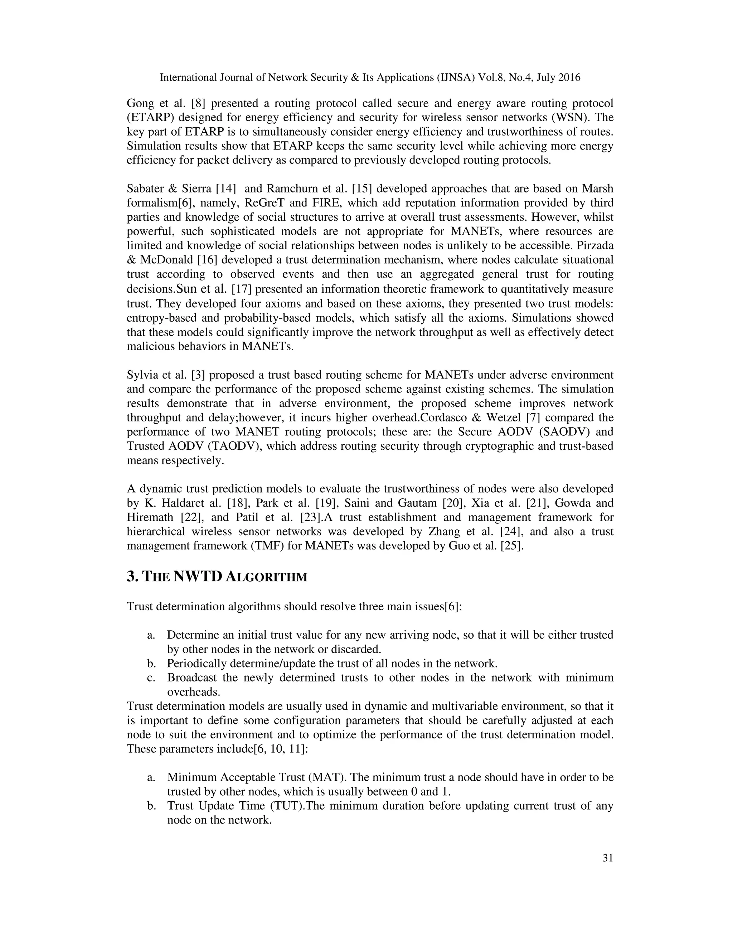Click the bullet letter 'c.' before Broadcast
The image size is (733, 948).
click(x=151, y=678)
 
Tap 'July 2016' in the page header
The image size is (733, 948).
click(x=558, y=78)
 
